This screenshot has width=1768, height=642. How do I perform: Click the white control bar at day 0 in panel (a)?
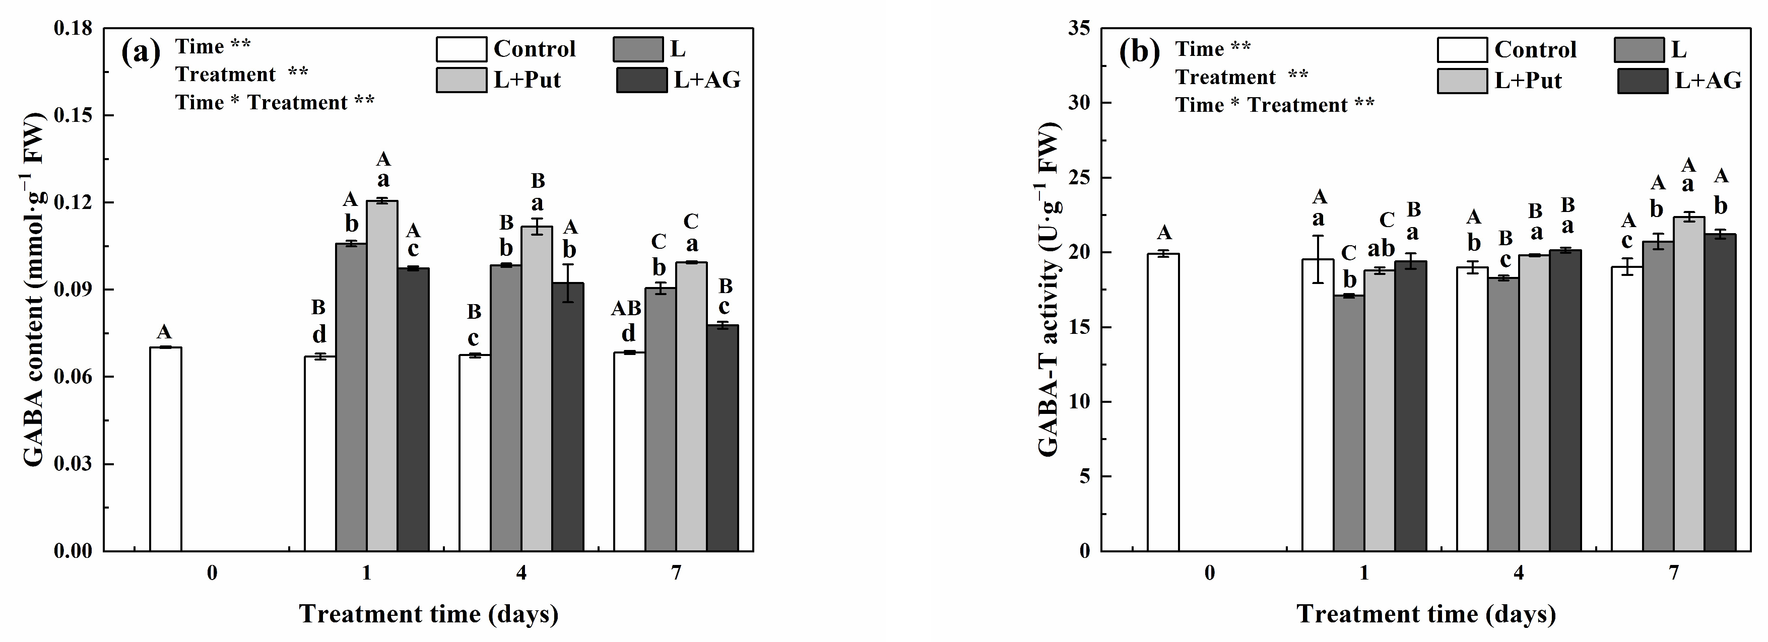(x=165, y=449)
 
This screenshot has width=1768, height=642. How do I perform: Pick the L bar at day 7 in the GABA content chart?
(x=660, y=419)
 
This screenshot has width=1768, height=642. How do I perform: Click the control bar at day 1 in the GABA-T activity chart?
(x=1318, y=405)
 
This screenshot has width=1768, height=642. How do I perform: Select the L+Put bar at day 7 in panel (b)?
(x=1689, y=384)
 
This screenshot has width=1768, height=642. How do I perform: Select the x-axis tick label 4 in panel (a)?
(x=521, y=572)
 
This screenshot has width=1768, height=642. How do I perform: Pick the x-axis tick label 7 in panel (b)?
(x=1673, y=572)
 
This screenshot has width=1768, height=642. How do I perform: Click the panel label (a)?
(x=141, y=51)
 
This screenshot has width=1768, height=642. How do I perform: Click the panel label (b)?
(x=1139, y=51)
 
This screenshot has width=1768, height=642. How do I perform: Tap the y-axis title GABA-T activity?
(x=1049, y=290)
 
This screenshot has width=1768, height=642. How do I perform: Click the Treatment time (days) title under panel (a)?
(x=429, y=613)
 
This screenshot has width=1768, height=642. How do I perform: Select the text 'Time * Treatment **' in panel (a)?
(x=275, y=103)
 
